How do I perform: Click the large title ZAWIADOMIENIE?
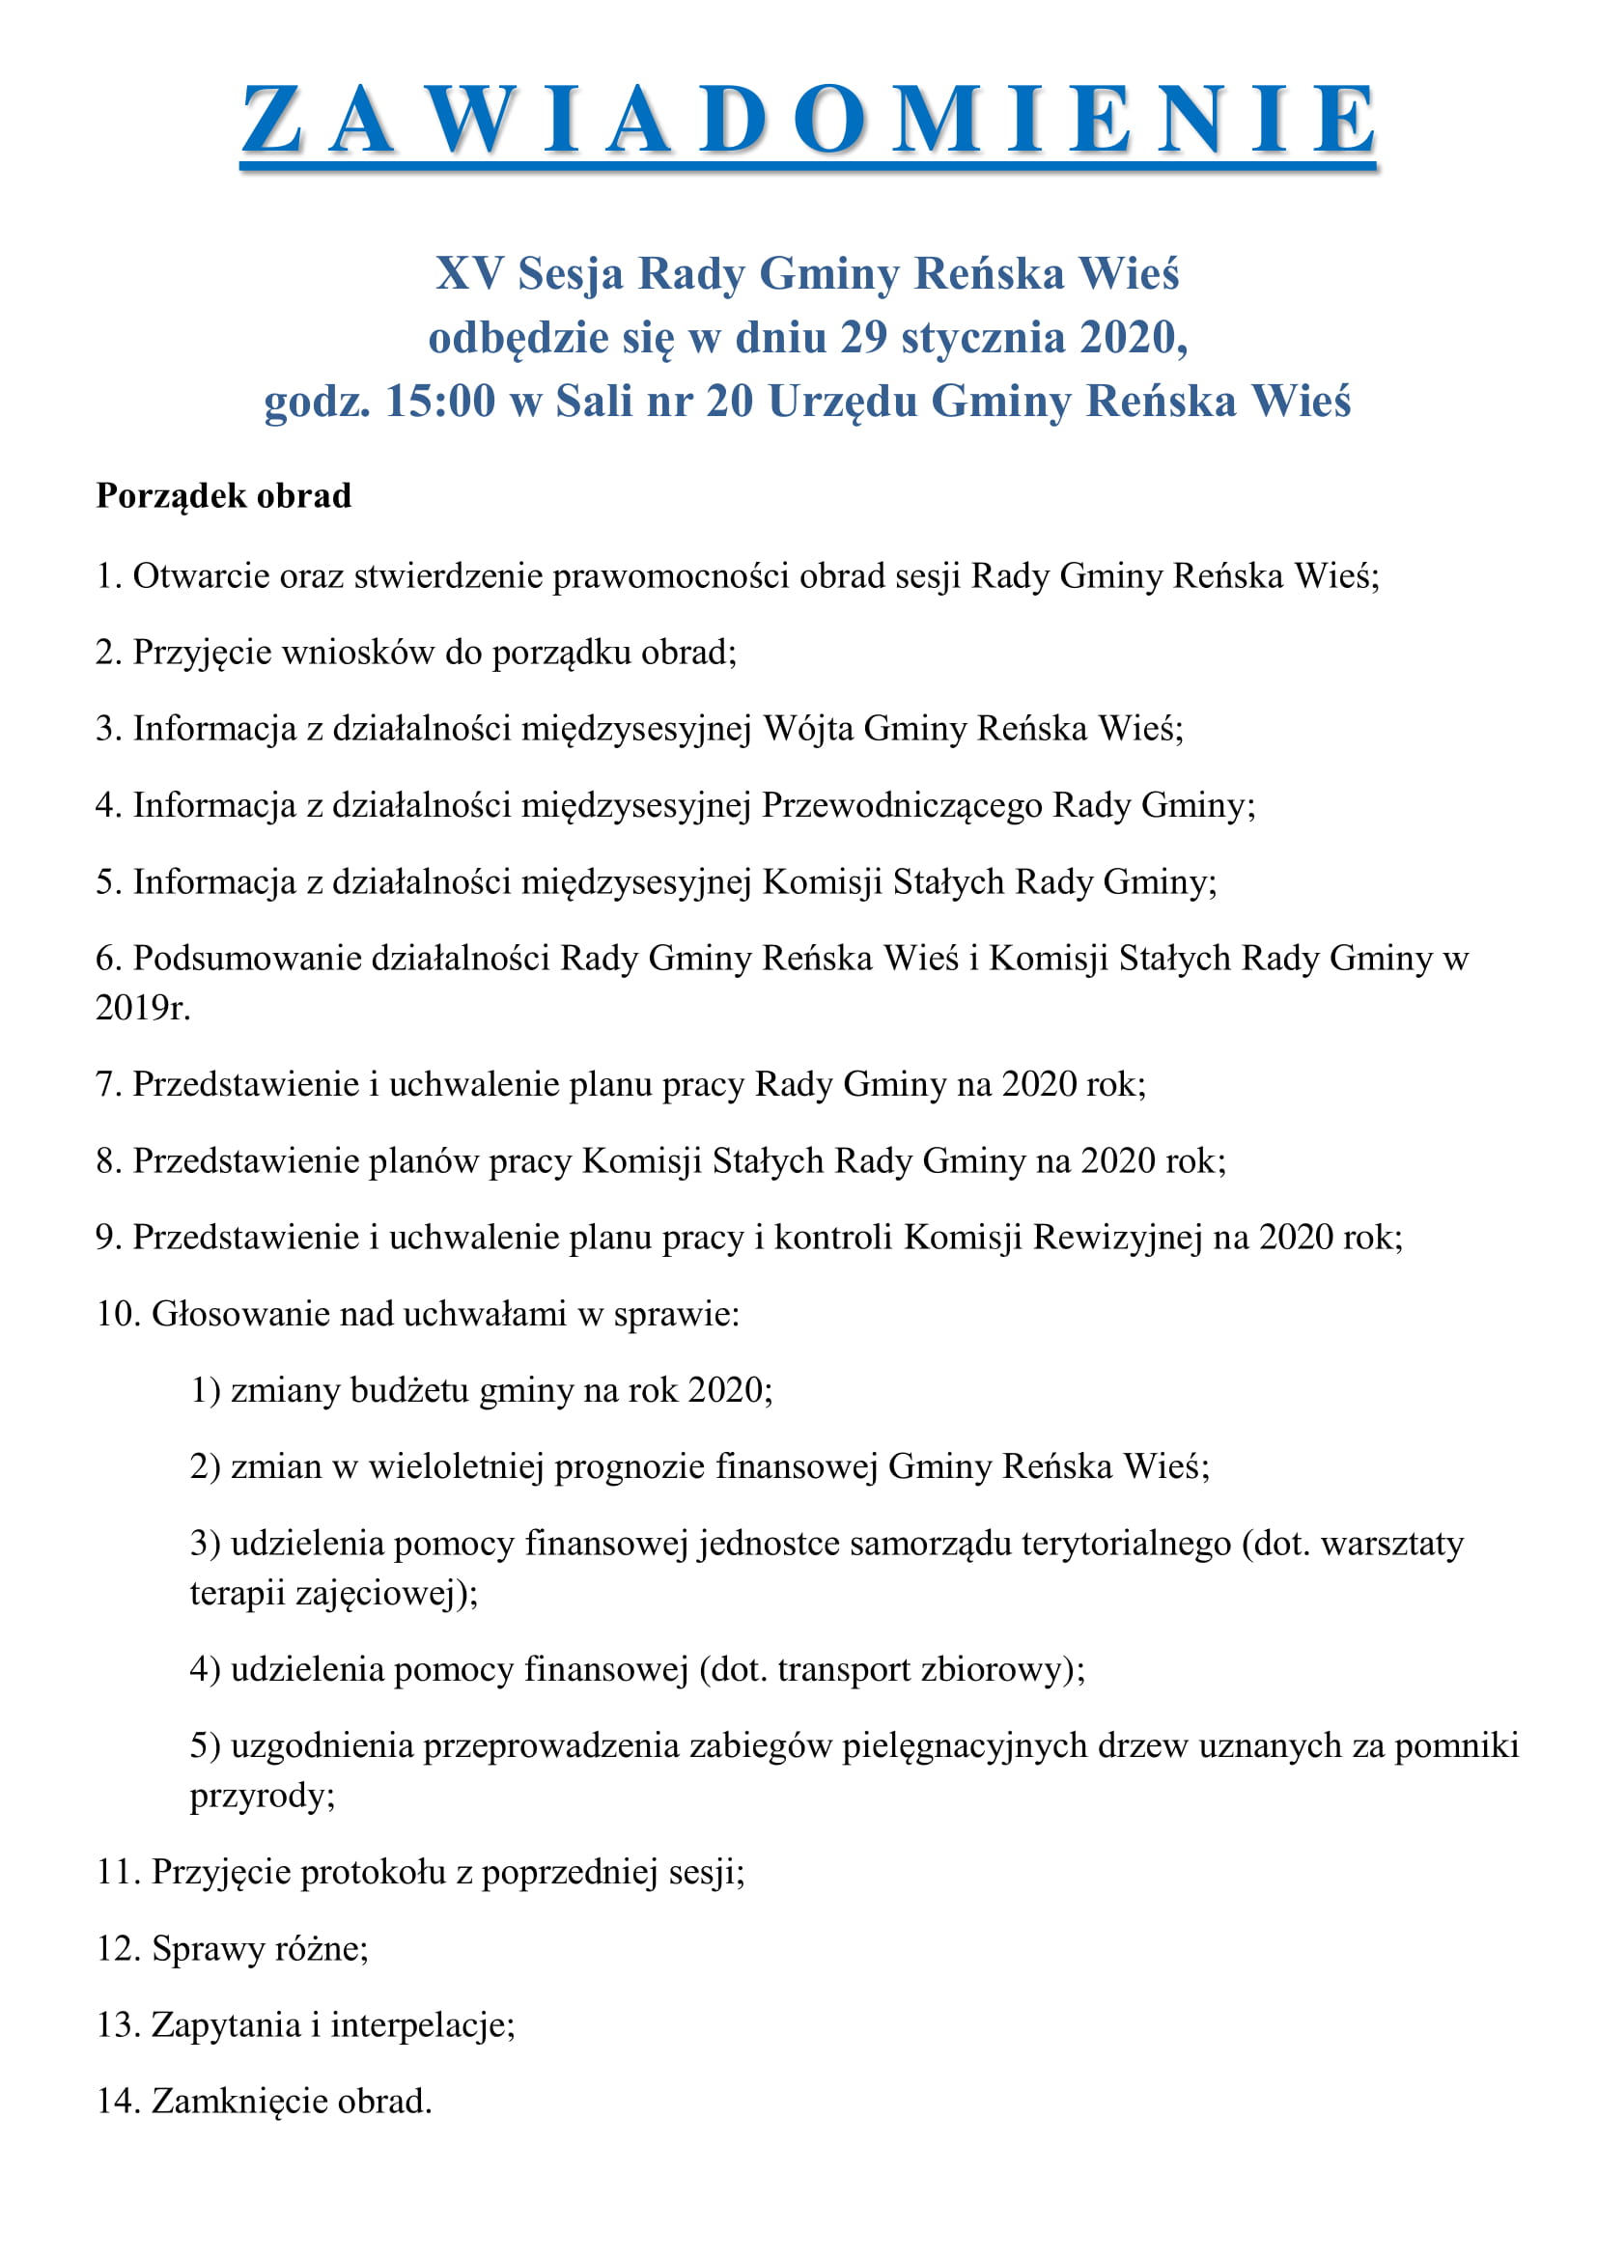click(x=807, y=120)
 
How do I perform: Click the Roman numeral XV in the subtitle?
click(x=469, y=273)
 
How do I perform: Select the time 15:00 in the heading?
click(x=439, y=402)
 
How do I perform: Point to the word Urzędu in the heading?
click(x=842, y=403)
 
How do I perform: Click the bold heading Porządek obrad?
click(x=223, y=495)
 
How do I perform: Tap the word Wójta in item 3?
click(x=808, y=729)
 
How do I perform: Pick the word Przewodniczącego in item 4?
click(x=902, y=805)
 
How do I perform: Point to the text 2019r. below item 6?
click(x=143, y=1007)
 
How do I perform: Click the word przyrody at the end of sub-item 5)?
click(x=262, y=1796)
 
